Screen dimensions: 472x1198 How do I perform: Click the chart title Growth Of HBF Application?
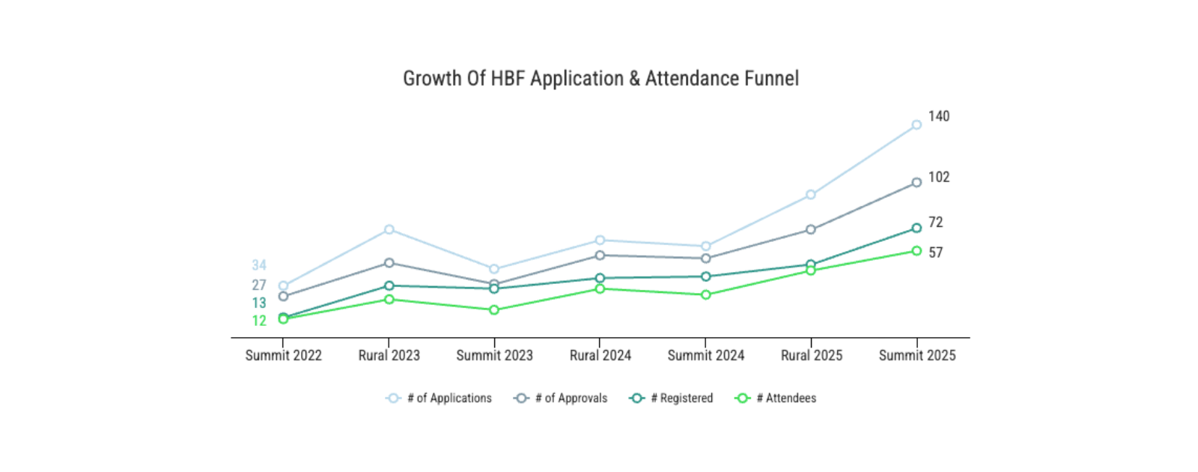(x=600, y=79)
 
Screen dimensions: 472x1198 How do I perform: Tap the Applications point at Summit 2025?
(x=916, y=125)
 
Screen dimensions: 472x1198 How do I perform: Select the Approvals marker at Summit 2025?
(x=916, y=183)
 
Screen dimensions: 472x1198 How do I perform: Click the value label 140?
(x=939, y=116)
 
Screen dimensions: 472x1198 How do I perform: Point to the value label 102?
(x=939, y=177)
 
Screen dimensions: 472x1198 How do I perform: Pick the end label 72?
(x=936, y=222)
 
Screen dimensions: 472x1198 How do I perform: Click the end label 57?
(x=936, y=252)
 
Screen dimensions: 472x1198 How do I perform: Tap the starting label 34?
(x=259, y=265)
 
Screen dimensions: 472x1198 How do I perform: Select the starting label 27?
(x=259, y=285)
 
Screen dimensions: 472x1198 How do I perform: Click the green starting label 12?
(x=259, y=321)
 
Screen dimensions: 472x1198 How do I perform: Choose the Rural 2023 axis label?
(x=389, y=355)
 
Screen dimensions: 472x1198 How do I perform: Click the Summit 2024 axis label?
(x=705, y=355)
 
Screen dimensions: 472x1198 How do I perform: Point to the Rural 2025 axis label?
(x=811, y=355)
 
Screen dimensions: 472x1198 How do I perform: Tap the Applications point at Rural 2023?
(x=389, y=229)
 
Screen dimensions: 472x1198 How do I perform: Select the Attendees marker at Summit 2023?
(x=494, y=309)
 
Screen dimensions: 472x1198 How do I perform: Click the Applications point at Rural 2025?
(x=811, y=195)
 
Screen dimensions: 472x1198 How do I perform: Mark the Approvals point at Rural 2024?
(x=600, y=255)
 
